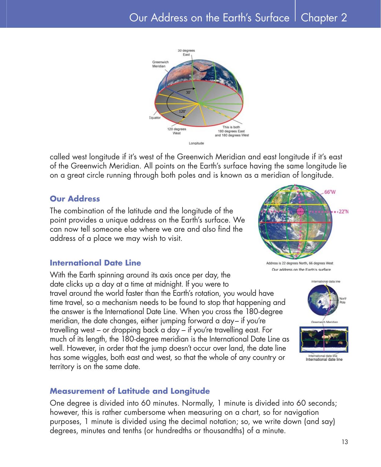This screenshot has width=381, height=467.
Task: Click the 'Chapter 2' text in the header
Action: (x=324, y=18)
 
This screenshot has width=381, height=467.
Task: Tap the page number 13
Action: (x=345, y=442)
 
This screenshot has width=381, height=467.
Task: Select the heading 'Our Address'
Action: (x=75, y=199)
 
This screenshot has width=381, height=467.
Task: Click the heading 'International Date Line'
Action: (x=95, y=263)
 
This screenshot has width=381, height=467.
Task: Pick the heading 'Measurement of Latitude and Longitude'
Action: (x=130, y=391)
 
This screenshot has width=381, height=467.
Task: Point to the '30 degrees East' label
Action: (x=186, y=52)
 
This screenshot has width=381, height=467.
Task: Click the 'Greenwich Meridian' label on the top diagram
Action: (x=160, y=64)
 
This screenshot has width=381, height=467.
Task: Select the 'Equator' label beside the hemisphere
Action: (x=155, y=118)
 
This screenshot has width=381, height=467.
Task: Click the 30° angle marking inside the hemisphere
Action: (x=188, y=92)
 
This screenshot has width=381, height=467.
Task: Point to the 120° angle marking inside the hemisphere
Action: (x=182, y=111)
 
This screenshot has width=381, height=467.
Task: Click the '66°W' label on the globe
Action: (x=330, y=192)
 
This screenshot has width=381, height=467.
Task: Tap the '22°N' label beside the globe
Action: (x=344, y=211)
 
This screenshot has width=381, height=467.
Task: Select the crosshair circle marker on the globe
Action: (x=301, y=211)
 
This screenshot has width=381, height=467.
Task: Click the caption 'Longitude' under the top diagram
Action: (x=196, y=143)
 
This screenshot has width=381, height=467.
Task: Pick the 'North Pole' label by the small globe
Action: (x=343, y=300)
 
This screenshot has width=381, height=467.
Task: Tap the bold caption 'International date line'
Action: (x=324, y=359)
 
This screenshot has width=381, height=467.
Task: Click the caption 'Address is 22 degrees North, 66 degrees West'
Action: (x=299, y=263)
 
